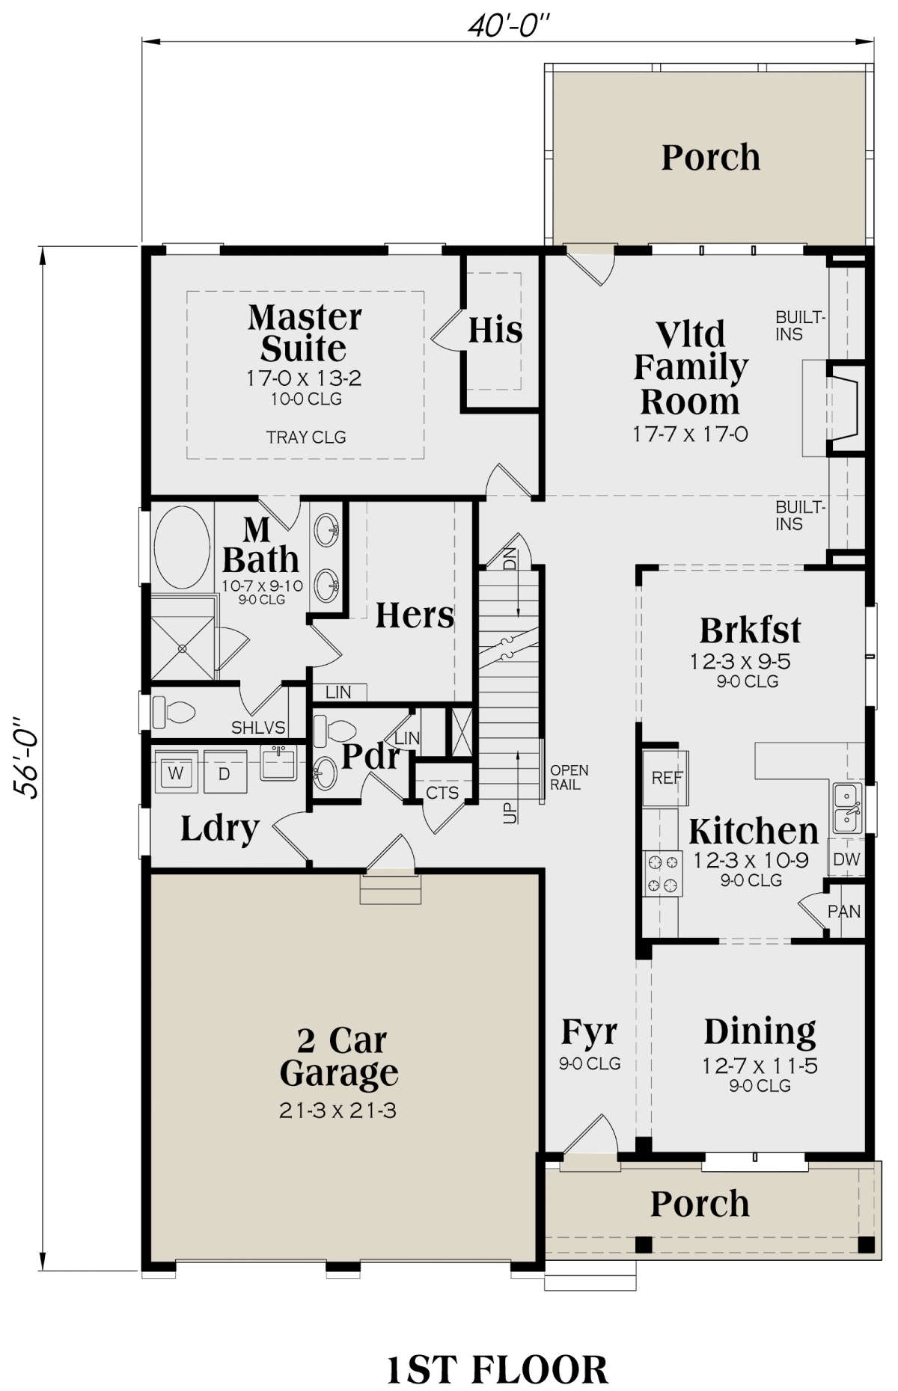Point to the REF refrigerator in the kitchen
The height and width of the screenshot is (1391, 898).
(665, 778)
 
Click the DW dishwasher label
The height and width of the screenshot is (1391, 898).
(846, 859)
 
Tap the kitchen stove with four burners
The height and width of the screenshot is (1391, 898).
(663, 874)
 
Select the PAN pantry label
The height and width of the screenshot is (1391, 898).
(844, 912)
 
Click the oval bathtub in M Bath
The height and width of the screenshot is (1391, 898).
(182, 548)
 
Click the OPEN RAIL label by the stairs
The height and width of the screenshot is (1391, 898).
(569, 777)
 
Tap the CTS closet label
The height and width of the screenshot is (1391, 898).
(442, 793)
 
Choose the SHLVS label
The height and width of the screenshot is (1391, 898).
(258, 728)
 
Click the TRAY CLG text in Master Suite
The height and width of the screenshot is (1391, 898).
(306, 437)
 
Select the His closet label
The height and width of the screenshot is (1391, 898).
(495, 329)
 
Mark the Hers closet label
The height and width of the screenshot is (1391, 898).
(415, 615)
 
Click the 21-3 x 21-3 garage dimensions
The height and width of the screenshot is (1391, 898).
(337, 1111)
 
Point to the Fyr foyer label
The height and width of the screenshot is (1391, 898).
(589, 1033)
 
